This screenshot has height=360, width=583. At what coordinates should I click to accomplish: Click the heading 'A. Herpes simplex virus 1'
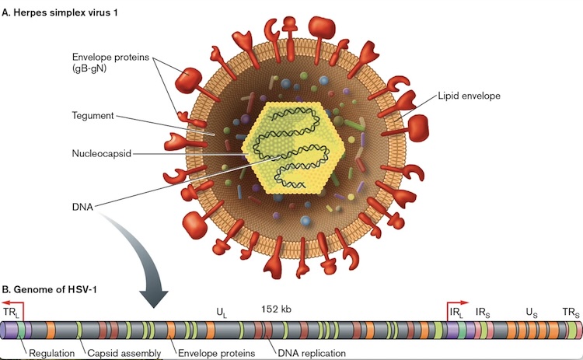(x=60, y=12)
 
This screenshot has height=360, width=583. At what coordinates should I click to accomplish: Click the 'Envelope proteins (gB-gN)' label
(x=110, y=63)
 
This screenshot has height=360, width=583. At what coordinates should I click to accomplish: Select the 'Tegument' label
(x=93, y=116)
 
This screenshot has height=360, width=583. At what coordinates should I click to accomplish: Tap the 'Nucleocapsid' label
(x=102, y=154)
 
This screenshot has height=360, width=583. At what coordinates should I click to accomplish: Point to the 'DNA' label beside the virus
(x=82, y=207)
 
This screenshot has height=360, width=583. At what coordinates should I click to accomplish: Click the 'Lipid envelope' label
(x=469, y=96)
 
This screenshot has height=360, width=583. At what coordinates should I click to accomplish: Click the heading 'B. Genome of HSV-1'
(x=50, y=289)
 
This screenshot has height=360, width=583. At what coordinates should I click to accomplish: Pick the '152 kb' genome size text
(x=276, y=309)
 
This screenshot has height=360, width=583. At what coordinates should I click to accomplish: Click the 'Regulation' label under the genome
(x=51, y=353)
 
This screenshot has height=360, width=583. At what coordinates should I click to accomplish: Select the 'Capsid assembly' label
(x=124, y=353)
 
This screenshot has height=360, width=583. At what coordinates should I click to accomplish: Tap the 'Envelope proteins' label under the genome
(x=216, y=353)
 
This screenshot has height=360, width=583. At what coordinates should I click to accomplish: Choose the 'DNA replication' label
(x=312, y=353)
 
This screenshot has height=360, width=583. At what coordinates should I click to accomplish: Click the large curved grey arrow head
(x=154, y=299)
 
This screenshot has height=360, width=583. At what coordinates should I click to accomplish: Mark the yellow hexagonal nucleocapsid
(x=293, y=148)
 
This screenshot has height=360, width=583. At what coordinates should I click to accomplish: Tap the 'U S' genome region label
(x=532, y=313)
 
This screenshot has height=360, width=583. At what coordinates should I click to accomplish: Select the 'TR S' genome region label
(x=571, y=313)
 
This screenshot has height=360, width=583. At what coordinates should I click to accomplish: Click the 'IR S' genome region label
(x=483, y=313)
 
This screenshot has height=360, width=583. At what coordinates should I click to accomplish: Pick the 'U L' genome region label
(x=222, y=313)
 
